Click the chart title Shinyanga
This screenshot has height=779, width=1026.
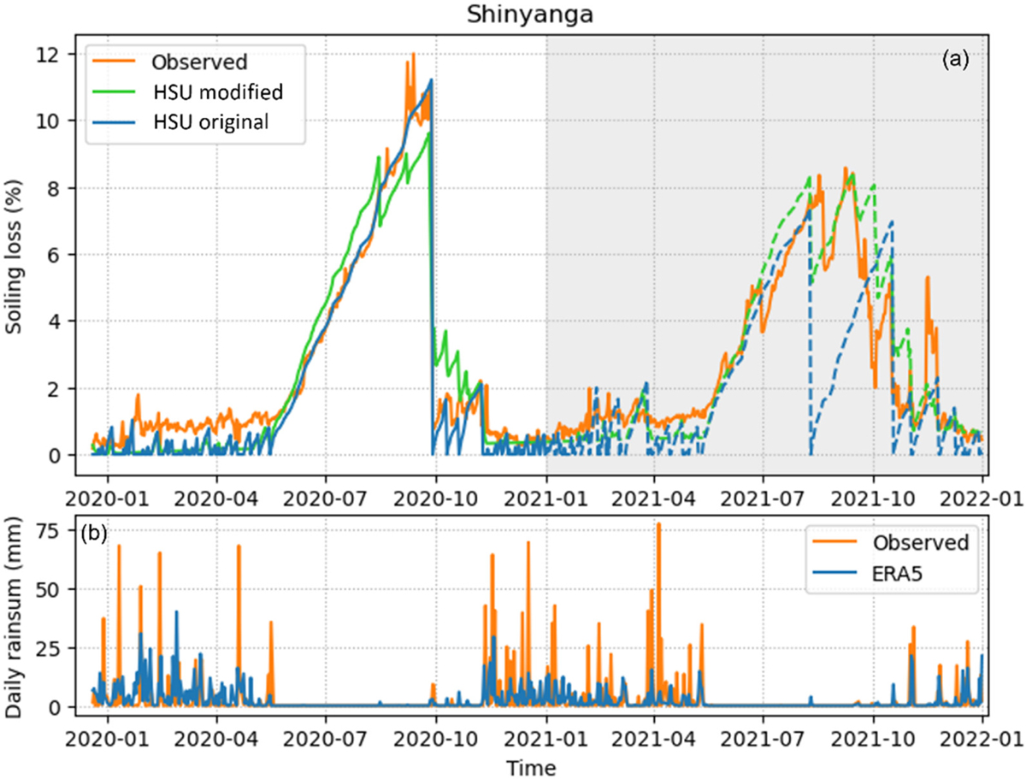pyautogui.click(x=512, y=15)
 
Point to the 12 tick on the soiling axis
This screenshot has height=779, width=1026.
pyautogui.click(x=57, y=54)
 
